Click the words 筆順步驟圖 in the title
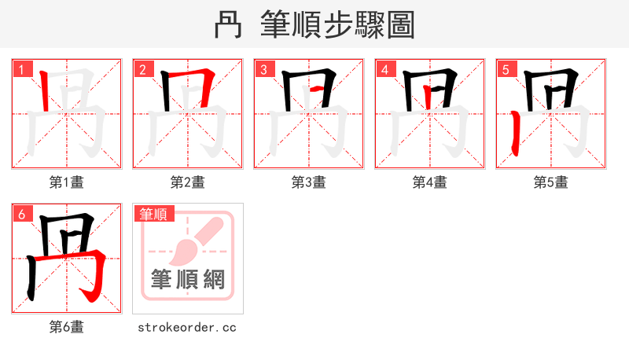click(x=338, y=25)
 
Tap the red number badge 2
click(x=142, y=70)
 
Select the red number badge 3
click(x=263, y=70)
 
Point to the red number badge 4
click(x=384, y=70)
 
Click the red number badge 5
click(x=506, y=70)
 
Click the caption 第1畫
click(x=67, y=182)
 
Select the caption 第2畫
click(x=188, y=182)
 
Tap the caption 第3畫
click(x=309, y=182)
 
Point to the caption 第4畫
click(x=430, y=182)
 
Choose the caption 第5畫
click(x=551, y=182)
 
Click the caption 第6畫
click(x=67, y=327)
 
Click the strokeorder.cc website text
click(x=187, y=327)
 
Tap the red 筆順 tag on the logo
click(x=153, y=214)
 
